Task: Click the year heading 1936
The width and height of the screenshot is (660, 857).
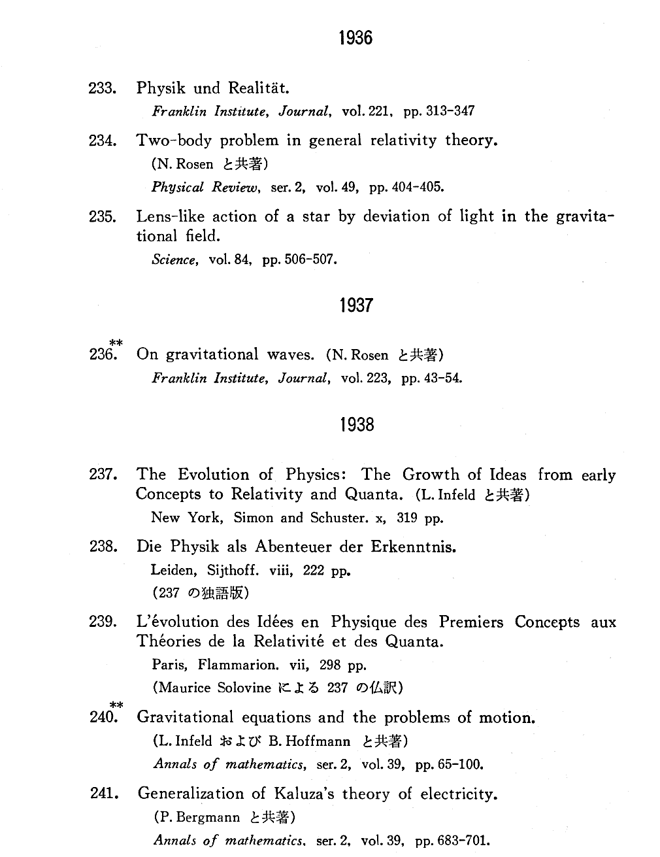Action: click(x=356, y=38)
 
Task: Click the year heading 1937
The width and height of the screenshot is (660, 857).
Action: click(x=356, y=305)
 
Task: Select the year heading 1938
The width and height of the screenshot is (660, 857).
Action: click(x=357, y=425)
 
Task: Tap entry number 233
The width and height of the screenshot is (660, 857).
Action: click(x=103, y=88)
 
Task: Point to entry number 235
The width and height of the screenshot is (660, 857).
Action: click(x=103, y=216)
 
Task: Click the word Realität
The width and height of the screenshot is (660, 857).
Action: click(x=259, y=88)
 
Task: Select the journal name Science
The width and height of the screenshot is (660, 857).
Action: click(x=174, y=260)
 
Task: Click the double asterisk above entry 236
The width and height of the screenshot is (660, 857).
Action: click(x=116, y=343)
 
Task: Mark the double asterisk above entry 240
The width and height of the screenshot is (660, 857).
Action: click(x=116, y=705)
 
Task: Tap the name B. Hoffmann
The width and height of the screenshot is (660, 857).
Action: click(x=310, y=741)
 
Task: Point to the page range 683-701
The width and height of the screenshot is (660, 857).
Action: click(x=464, y=841)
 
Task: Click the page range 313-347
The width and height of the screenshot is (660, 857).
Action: click(x=450, y=111)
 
